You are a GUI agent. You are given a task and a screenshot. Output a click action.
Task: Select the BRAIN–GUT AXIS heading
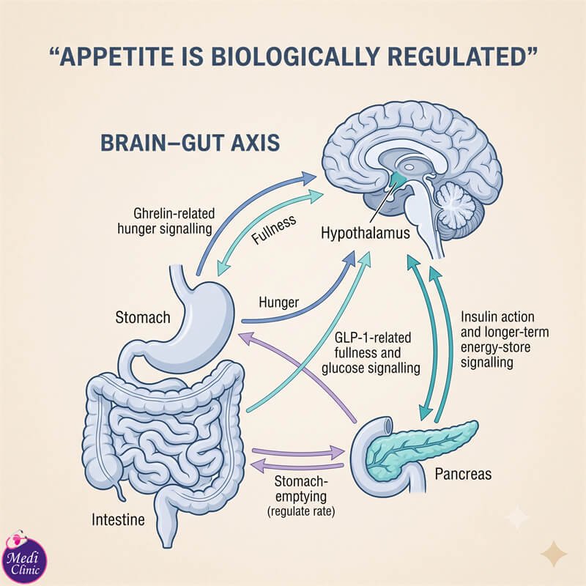[190, 143]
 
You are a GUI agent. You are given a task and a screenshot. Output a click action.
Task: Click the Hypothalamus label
[365, 233]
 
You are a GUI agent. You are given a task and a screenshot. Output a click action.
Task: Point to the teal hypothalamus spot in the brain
[398, 180]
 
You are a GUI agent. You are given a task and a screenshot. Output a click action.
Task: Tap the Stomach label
[143, 317]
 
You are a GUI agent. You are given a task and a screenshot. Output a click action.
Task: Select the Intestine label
[118, 519]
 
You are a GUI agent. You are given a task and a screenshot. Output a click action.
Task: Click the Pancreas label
[463, 474]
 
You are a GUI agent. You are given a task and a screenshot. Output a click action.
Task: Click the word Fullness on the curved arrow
[274, 229]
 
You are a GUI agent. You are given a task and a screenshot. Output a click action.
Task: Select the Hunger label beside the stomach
[279, 302]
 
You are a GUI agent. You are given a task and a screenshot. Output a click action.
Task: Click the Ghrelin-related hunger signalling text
[166, 221]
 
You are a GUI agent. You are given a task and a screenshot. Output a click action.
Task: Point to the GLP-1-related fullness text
[371, 353]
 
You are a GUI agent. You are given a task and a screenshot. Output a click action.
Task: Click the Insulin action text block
[505, 339]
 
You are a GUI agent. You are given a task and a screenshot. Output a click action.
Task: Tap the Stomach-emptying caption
[301, 489]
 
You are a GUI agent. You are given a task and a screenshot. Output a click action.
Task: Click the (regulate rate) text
[301, 511]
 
